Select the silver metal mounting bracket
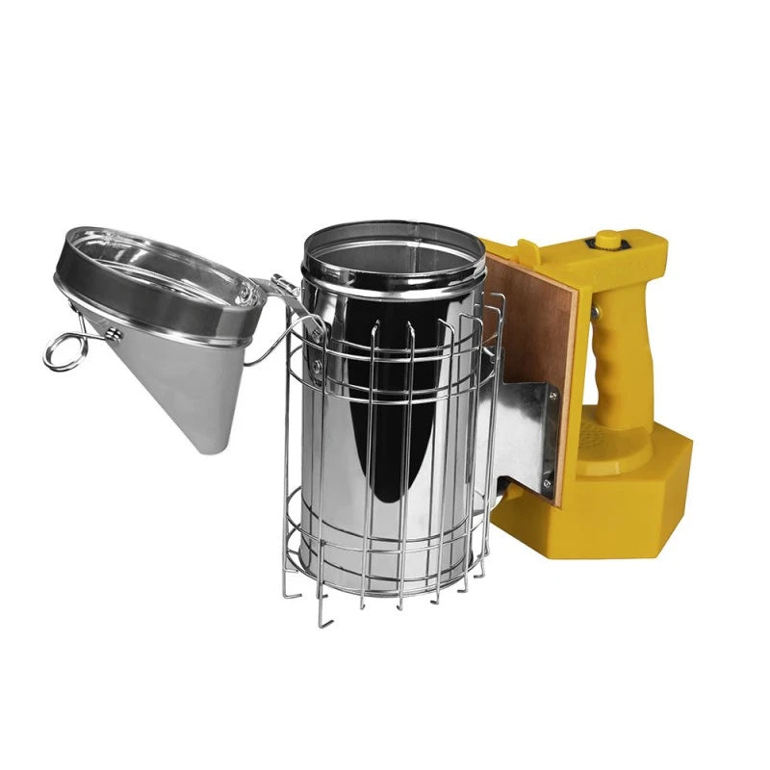point(525,433)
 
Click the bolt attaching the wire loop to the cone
point(114,335)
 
